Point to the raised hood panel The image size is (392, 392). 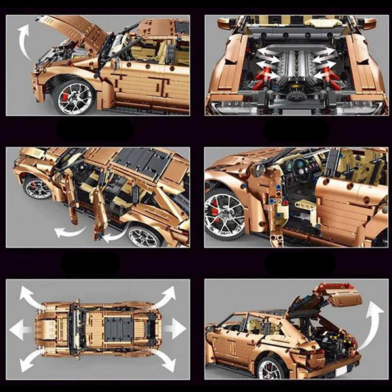coord(74,33)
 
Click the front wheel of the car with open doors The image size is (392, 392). coord(38,188)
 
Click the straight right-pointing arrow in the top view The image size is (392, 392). coord(174,329)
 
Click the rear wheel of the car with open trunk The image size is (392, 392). coord(269,369)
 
